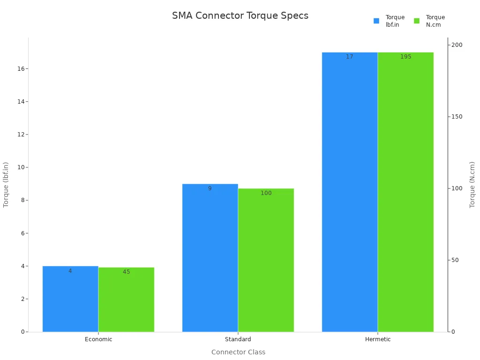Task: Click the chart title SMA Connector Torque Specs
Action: (x=240, y=15)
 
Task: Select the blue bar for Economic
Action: (x=70, y=300)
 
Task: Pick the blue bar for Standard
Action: (x=210, y=258)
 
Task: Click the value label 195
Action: (x=405, y=57)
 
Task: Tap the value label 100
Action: (x=266, y=193)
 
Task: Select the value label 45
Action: (x=126, y=272)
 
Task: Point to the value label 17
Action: (x=350, y=57)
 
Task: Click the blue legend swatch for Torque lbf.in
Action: (x=376, y=21)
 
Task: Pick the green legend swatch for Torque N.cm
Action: (x=417, y=21)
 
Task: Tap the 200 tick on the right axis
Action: (x=457, y=45)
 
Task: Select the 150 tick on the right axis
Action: (x=457, y=117)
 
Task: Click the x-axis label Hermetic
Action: (x=378, y=339)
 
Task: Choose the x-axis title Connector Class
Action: (x=238, y=352)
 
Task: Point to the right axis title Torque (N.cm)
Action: (x=472, y=185)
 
